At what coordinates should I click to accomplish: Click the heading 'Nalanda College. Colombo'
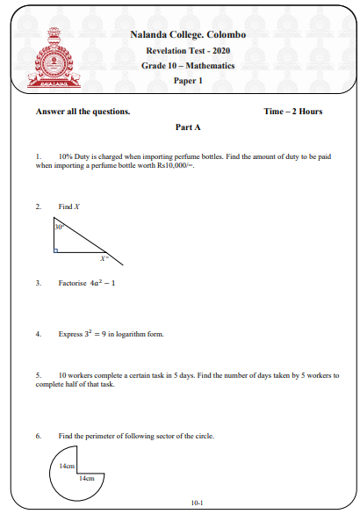tap(188, 34)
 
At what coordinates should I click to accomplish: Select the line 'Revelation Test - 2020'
tap(188, 50)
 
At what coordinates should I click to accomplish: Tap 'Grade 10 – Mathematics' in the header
tap(188, 66)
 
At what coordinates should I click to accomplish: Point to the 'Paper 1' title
tap(188, 82)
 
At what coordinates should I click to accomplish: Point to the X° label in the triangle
tap(104, 258)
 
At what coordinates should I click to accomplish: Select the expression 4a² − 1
tap(103, 283)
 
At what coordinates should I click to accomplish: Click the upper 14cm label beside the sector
tap(67, 467)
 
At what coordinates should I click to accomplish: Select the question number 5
tap(38, 375)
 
